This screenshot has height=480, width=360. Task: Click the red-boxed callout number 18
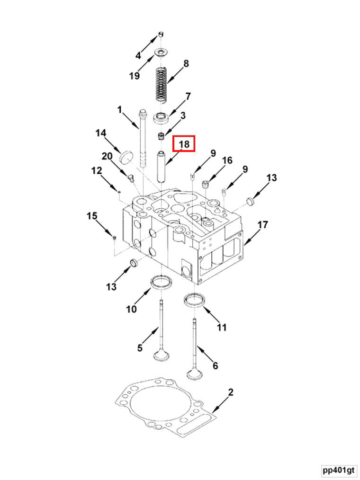(x=184, y=144)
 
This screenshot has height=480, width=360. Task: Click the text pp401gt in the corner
(x=338, y=470)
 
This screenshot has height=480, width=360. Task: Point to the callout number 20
(x=107, y=157)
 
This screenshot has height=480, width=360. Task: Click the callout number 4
(x=138, y=55)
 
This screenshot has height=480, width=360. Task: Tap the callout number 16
(x=227, y=160)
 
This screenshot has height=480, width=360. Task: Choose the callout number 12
(x=97, y=170)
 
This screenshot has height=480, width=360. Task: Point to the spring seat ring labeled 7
(x=161, y=117)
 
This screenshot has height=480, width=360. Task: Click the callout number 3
(x=183, y=116)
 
